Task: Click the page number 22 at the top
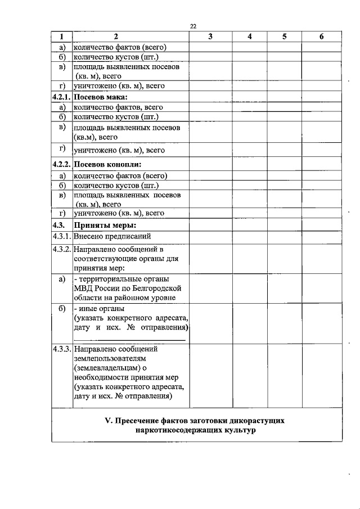[193, 26]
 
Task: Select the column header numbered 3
[209, 37]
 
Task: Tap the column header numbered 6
[321, 37]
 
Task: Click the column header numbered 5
[285, 37]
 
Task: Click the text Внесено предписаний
[112, 236]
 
